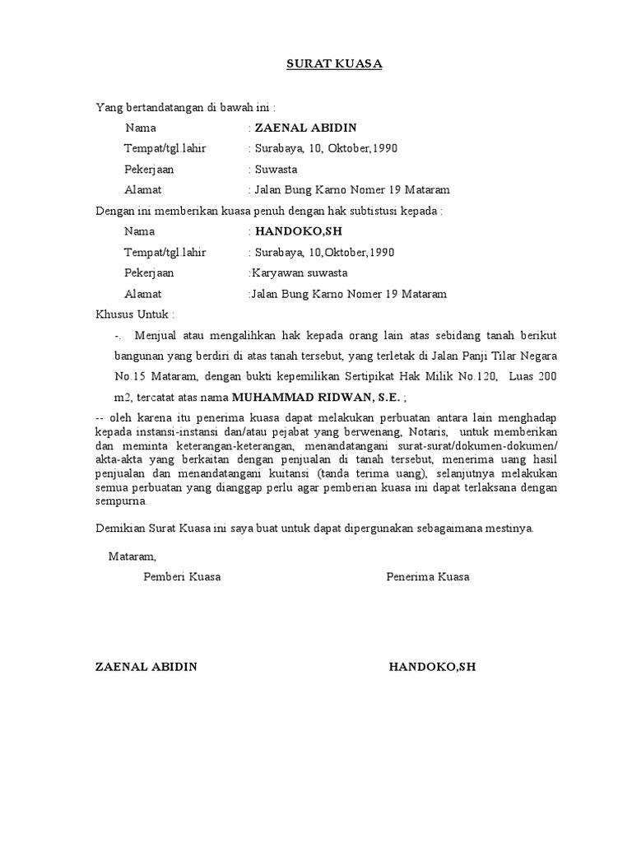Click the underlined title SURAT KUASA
[x=334, y=63]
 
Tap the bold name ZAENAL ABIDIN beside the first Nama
[x=306, y=128]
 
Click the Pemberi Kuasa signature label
[x=182, y=577]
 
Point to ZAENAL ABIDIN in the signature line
[x=146, y=667]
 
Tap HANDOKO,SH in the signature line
[x=433, y=667]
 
